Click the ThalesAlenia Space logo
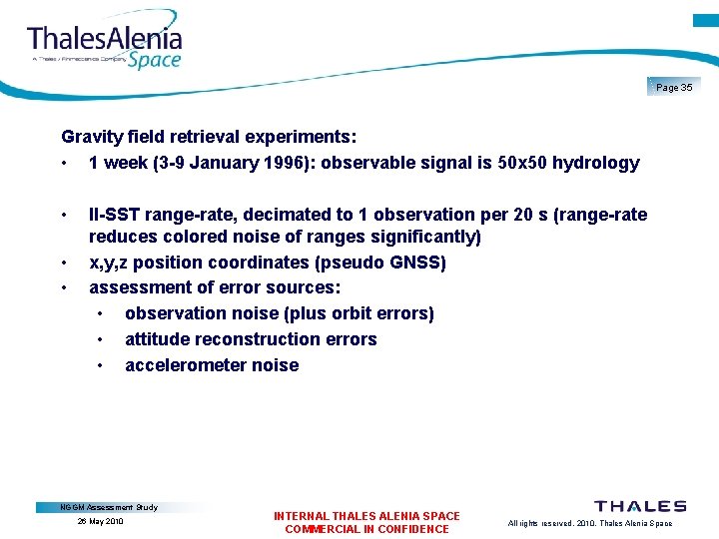click(x=105, y=45)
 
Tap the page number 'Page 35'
click(x=674, y=88)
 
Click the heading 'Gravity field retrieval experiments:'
click(x=210, y=136)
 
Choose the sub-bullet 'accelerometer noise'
click(x=212, y=365)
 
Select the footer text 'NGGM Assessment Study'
click(x=109, y=507)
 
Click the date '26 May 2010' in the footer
click(x=100, y=522)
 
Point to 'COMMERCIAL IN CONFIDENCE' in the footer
click(x=366, y=529)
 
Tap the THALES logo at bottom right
click(x=640, y=507)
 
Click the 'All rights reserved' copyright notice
click(x=589, y=523)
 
